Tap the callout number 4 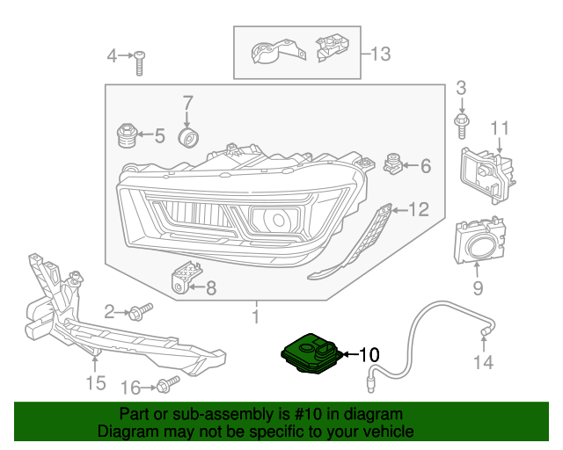click(x=112, y=57)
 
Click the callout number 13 click(x=379, y=54)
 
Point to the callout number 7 click(x=186, y=105)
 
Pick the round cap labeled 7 click(x=188, y=139)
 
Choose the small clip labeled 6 click(x=392, y=163)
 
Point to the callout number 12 click(x=418, y=209)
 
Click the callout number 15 click(x=95, y=382)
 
